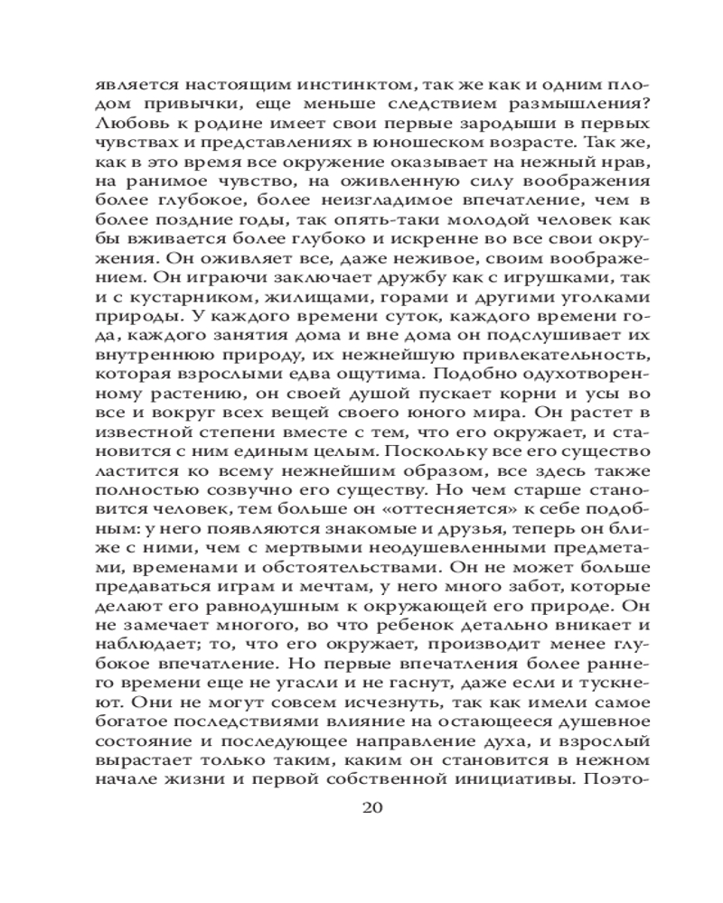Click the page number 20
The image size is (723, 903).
[372, 807]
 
